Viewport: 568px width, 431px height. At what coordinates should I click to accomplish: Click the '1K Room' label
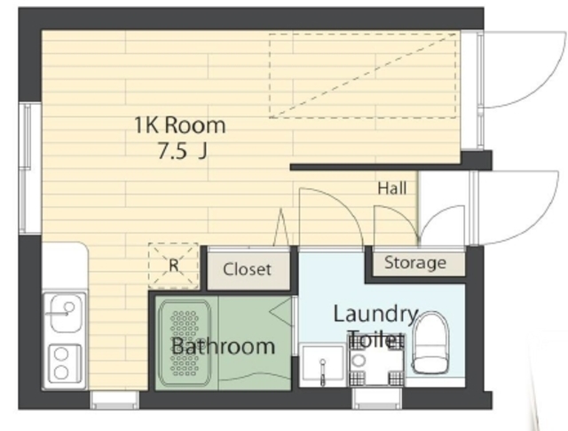(180, 125)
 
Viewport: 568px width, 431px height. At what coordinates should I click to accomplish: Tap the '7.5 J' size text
(182, 151)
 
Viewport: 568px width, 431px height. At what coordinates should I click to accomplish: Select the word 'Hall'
(392, 188)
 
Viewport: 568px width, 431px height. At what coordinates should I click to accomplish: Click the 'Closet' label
(247, 269)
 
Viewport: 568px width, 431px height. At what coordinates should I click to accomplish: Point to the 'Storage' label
(415, 263)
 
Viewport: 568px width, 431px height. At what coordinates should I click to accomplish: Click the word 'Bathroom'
(223, 346)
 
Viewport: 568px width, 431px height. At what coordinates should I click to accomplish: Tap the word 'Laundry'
(376, 315)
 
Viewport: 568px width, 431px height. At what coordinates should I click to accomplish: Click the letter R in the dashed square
(174, 265)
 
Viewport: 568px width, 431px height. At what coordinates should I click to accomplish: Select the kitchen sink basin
(66, 313)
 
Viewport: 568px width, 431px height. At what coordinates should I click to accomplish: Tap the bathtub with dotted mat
(185, 343)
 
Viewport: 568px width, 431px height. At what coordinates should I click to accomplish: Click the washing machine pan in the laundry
(376, 361)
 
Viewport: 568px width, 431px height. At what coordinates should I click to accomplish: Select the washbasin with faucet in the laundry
(322, 363)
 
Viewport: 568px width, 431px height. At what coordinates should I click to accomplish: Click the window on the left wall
(30, 168)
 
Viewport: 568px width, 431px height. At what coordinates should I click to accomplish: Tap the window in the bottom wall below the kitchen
(114, 400)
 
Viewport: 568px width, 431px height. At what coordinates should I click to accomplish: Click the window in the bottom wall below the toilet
(376, 399)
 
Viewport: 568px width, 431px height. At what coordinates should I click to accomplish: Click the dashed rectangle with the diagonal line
(362, 76)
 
